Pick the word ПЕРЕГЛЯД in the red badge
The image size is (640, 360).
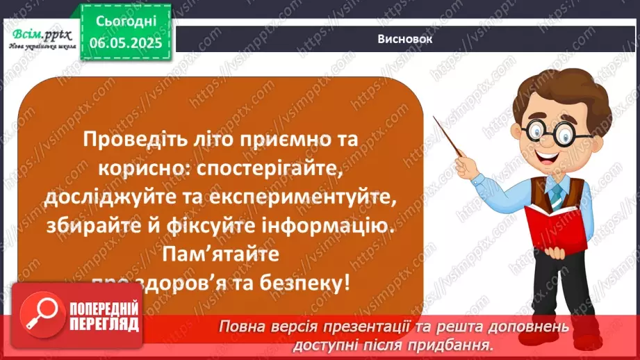104,324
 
